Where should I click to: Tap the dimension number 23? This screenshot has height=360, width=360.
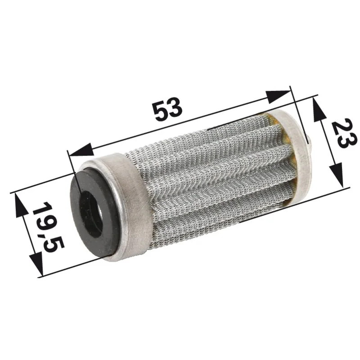[x=345, y=133]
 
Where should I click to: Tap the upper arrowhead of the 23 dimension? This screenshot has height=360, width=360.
[x=316, y=109]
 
